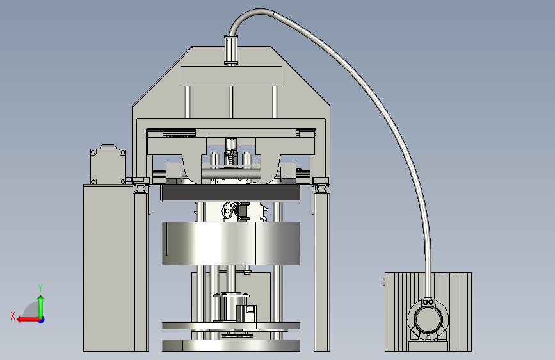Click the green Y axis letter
click(x=40, y=288)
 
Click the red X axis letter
click(x=13, y=316)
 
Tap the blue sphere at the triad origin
click(x=42, y=320)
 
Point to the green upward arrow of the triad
click(x=41, y=306)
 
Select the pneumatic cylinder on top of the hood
click(x=231, y=50)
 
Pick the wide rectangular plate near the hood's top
click(x=232, y=76)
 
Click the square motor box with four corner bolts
click(x=108, y=166)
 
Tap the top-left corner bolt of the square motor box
click(x=94, y=152)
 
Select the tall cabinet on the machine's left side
click(x=108, y=268)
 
